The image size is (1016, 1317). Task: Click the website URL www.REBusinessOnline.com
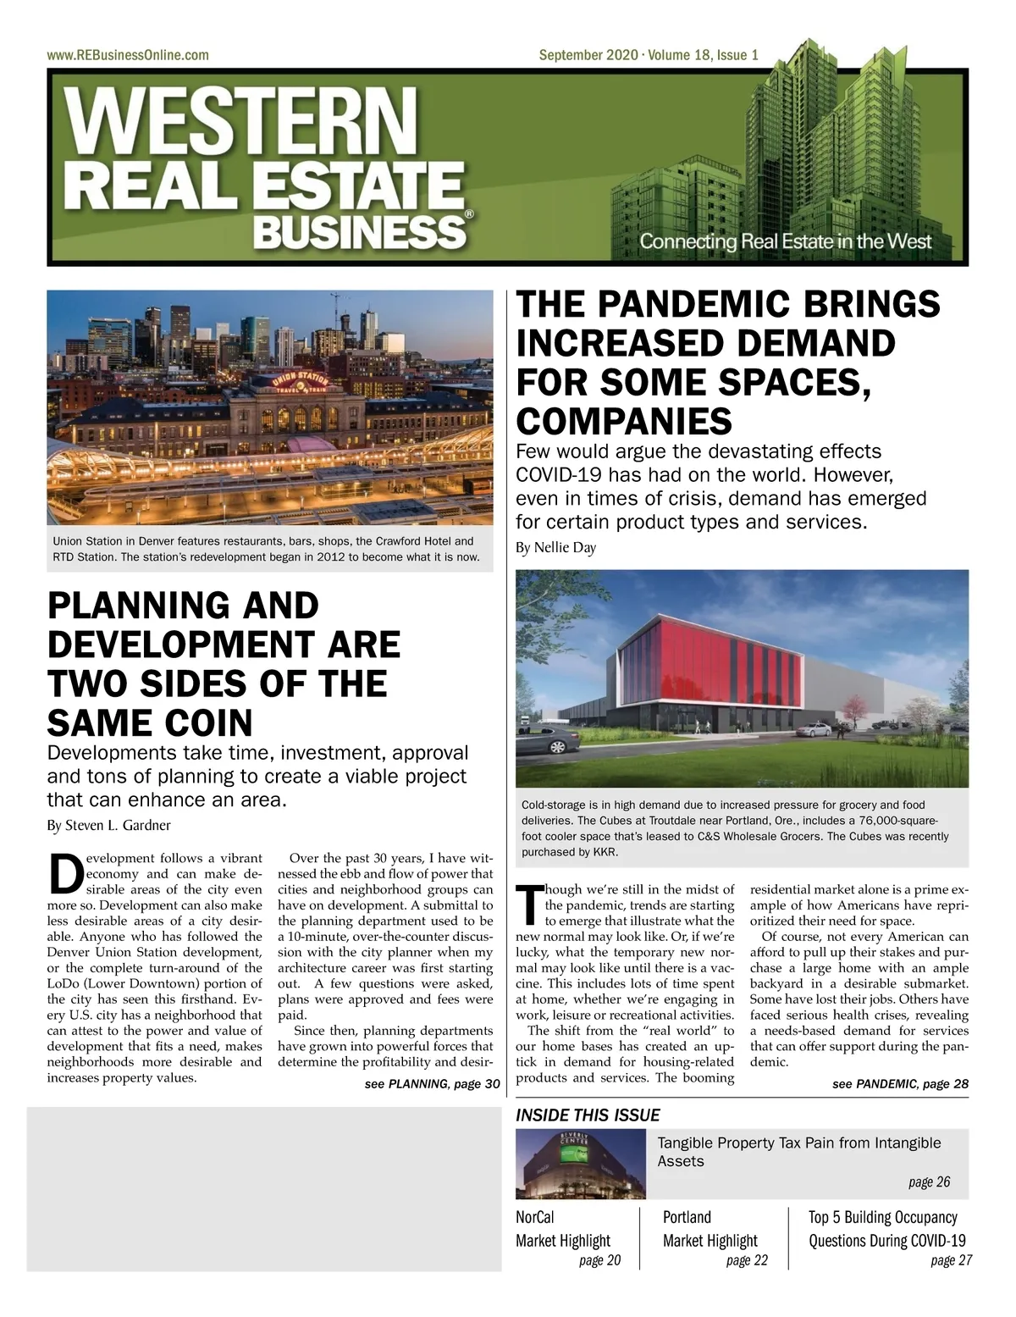click(x=128, y=55)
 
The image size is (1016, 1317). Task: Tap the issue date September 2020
click(x=590, y=55)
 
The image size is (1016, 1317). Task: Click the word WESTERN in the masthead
click(x=242, y=119)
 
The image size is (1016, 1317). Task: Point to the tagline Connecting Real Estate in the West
click(x=785, y=241)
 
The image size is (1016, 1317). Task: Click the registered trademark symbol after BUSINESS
click(x=470, y=217)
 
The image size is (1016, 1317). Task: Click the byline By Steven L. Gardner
click(x=108, y=825)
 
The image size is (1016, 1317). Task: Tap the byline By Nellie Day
click(x=555, y=547)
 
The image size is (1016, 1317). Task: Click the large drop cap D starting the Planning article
click(x=66, y=874)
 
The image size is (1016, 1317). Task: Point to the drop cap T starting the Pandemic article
click(x=528, y=905)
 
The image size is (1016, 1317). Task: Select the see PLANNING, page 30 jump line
click(x=432, y=1084)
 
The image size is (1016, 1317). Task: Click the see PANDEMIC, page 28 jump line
click(x=900, y=1084)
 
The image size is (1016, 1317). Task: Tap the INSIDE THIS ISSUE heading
click(x=588, y=1115)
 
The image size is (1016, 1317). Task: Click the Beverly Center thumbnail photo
click(x=581, y=1164)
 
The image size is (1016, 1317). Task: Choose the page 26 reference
click(x=929, y=1181)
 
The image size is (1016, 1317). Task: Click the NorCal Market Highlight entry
click(x=563, y=1229)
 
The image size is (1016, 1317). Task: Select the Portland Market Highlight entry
click(x=710, y=1229)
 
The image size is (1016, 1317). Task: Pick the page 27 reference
click(x=951, y=1260)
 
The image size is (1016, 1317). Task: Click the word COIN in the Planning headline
click(x=202, y=723)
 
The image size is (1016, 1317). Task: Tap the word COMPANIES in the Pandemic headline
click(x=624, y=421)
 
